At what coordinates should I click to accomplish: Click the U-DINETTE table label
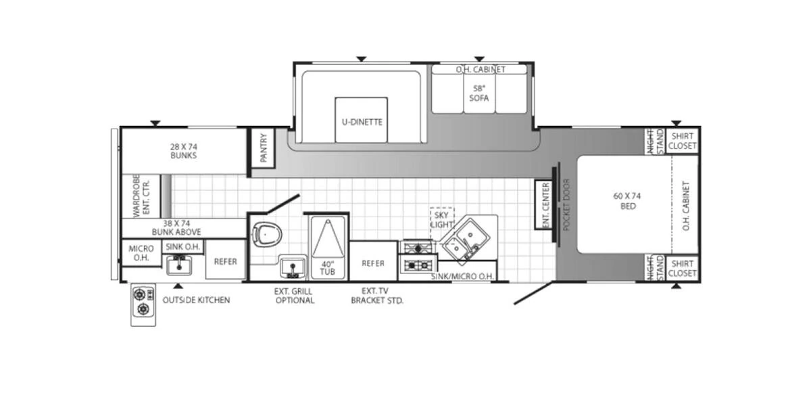(362, 122)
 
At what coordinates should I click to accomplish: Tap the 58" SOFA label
(478, 93)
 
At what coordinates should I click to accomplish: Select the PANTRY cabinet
(263, 145)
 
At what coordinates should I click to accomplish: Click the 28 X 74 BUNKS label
(183, 150)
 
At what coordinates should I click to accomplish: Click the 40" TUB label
(328, 267)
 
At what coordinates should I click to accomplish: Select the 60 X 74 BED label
(627, 201)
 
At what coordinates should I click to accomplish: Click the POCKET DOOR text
(566, 205)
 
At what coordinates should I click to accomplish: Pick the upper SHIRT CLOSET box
(682, 141)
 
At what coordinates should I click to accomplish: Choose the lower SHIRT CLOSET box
(682, 268)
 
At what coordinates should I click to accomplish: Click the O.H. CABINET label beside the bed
(686, 205)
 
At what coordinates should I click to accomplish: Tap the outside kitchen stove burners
(143, 302)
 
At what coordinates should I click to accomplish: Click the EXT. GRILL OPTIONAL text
(294, 296)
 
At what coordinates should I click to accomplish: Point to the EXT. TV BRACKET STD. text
(376, 296)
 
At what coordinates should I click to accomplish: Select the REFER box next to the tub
(373, 263)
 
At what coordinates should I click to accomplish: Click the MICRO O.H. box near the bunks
(141, 253)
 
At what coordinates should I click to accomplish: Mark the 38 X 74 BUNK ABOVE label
(176, 227)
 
